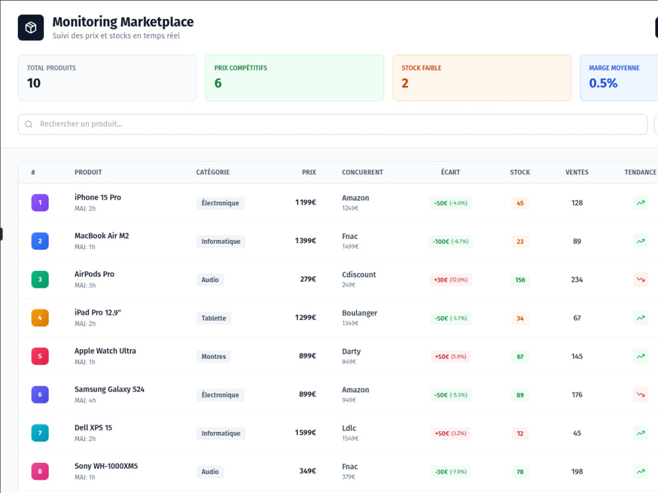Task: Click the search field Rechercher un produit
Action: (332, 124)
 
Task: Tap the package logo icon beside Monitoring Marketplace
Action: (31, 28)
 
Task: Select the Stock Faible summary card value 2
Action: (405, 83)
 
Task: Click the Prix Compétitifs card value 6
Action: (218, 83)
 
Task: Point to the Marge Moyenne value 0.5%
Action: (603, 83)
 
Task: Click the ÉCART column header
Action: (450, 172)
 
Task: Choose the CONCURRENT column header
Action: (363, 172)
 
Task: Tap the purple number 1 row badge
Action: (40, 202)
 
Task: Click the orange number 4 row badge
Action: (40, 317)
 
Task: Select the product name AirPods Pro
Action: (94, 274)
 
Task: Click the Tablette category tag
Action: (214, 318)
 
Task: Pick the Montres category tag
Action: (214, 356)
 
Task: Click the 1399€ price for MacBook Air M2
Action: (305, 241)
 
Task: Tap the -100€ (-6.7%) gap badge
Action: (451, 241)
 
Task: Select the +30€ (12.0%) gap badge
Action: (451, 279)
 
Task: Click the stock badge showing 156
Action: (520, 279)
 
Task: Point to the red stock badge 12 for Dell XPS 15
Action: (520, 433)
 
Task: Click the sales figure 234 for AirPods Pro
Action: (577, 279)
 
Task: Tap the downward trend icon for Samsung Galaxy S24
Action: (641, 394)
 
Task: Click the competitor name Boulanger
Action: (360, 313)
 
